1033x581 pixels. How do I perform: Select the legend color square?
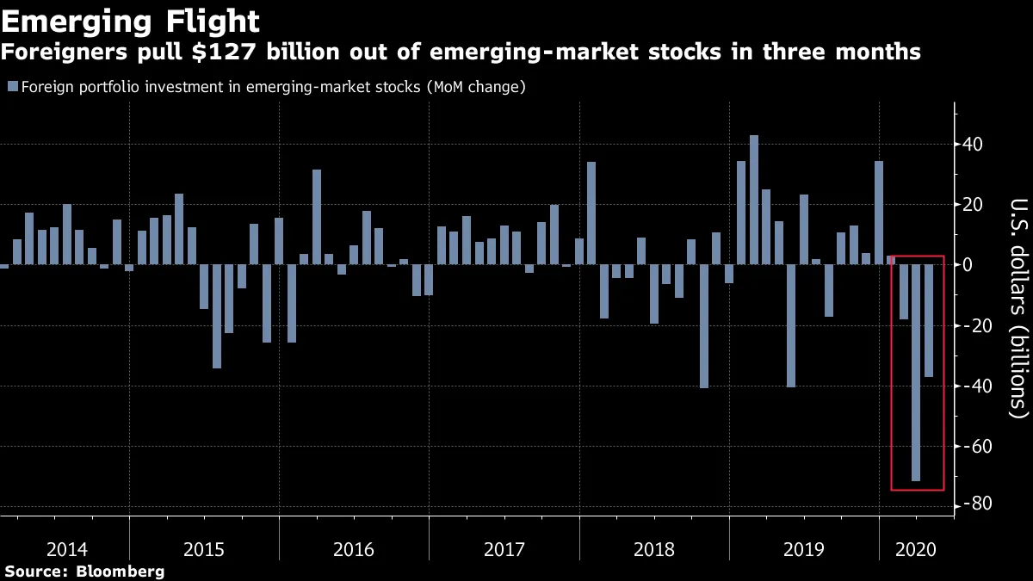coord(11,87)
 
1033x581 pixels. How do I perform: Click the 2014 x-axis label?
coord(66,548)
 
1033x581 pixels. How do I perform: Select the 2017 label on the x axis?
coord(504,548)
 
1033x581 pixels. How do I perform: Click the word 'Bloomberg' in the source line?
coord(121,571)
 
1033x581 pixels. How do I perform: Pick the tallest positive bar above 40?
coord(754,200)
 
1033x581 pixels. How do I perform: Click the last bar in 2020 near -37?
coord(929,320)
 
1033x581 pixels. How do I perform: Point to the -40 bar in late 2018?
coord(704,326)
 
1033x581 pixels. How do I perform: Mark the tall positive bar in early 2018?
coord(591,213)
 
